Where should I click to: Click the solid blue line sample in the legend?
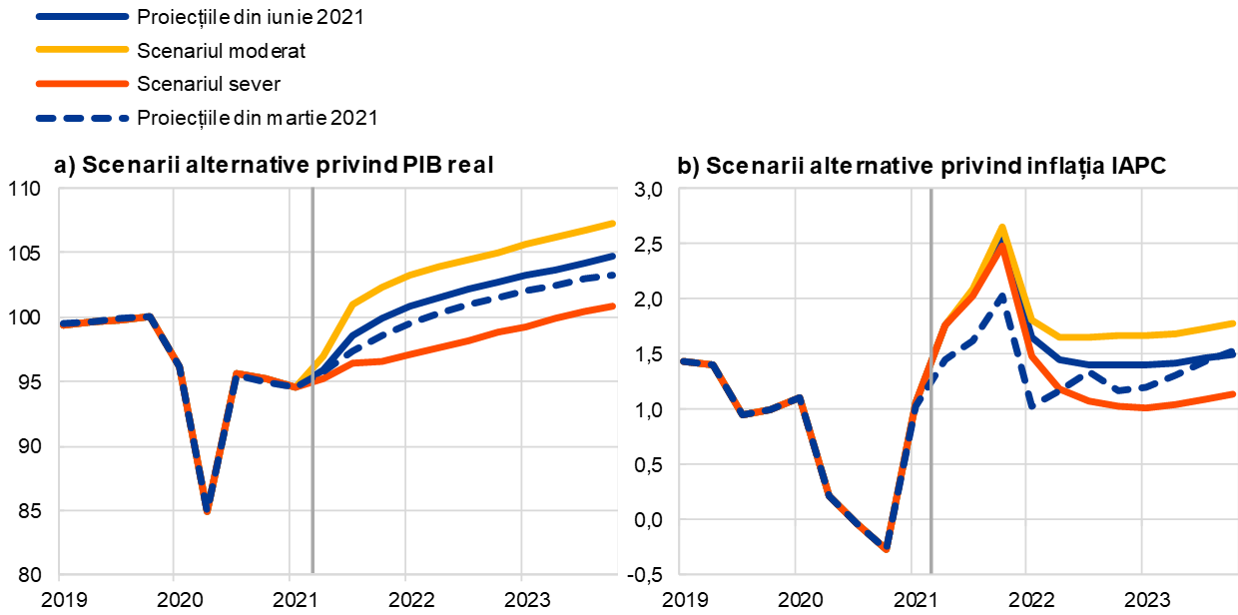pos(82,17)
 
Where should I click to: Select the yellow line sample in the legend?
pos(82,49)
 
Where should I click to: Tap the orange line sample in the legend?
pos(82,84)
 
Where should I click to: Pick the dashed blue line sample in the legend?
pos(82,118)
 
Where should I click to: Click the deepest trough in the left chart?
pos(207,511)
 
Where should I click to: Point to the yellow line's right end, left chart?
pos(613,223)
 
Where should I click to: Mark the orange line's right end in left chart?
pos(613,306)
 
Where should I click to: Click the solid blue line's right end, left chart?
pos(613,256)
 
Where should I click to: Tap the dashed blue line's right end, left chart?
pos(613,274)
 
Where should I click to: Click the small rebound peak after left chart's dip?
pos(236,372)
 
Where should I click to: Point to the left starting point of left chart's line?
pos(61,323)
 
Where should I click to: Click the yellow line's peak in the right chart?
pos(1001,227)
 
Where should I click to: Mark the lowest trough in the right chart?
pos(886,549)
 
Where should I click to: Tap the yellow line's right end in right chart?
pos(1234,322)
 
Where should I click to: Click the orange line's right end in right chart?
pos(1234,393)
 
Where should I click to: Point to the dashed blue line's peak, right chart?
pos(1001,295)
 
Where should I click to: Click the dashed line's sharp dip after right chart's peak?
pos(1032,405)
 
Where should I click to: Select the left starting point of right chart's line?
pos(682,360)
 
